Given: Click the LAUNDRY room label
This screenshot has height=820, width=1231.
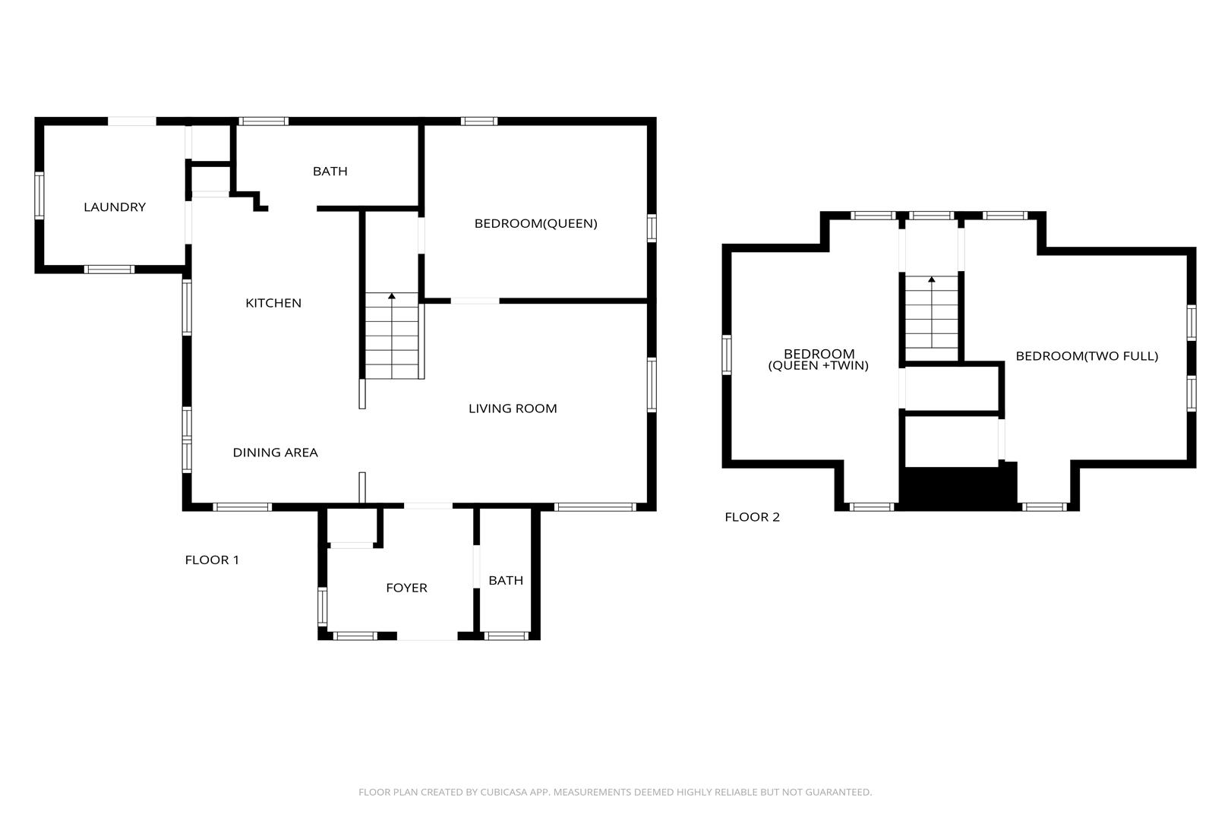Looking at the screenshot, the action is [x=115, y=207].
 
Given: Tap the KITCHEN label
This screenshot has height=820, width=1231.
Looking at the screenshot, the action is [x=273, y=303].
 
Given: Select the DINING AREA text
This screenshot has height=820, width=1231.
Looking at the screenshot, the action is [x=276, y=453].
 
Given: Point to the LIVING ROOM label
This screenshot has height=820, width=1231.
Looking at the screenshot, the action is [x=513, y=408].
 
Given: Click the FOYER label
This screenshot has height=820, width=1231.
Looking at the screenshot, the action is [x=407, y=588].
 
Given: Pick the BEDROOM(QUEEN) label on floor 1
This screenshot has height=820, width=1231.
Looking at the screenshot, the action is [x=536, y=223].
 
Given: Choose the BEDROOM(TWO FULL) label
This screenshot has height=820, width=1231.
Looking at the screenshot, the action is [x=1087, y=356].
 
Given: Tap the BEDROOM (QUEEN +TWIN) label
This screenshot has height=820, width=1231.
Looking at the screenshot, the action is [x=819, y=359].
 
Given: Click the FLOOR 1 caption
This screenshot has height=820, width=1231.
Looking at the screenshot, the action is [x=212, y=560].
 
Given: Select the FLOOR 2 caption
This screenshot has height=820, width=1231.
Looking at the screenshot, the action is [x=753, y=517].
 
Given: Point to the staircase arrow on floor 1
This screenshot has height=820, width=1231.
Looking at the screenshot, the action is [x=392, y=336].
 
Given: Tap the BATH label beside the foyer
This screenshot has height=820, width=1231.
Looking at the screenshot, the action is [x=506, y=580].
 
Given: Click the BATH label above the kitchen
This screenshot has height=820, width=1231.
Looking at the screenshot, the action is [x=330, y=172].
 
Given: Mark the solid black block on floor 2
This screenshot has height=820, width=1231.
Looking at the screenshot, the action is [x=958, y=487].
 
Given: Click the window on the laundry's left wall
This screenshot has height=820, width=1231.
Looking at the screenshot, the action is [x=39, y=196].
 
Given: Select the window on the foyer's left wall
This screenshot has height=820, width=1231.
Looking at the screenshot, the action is [x=323, y=606].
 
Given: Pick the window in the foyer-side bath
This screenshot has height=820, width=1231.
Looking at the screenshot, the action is [x=506, y=636].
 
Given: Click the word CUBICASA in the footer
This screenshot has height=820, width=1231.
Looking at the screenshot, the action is [x=504, y=792].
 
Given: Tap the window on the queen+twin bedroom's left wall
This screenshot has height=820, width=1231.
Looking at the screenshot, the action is [x=727, y=355].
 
